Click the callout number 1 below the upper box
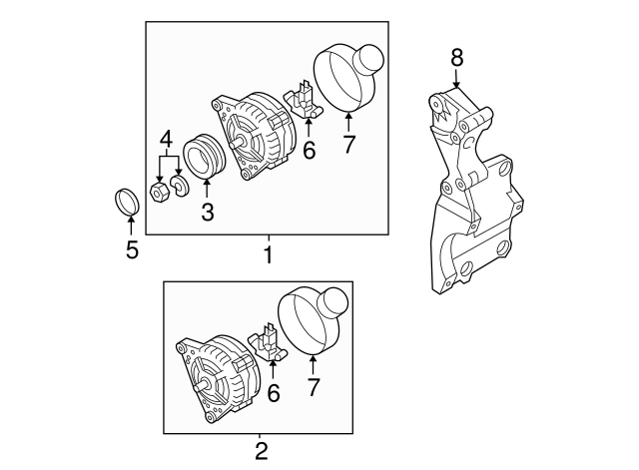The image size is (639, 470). click(x=268, y=256)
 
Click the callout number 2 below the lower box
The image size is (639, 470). click(x=261, y=451)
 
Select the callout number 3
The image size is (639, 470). click(x=207, y=212)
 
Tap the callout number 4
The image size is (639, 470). click(x=167, y=137)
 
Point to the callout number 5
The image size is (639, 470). click(x=132, y=248)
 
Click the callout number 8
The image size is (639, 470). click(x=456, y=57)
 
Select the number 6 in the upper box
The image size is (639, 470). click(x=309, y=151)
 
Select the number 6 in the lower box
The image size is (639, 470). click(x=273, y=394)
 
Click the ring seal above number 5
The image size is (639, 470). click(x=124, y=201)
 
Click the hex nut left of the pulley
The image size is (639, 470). click(x=159, y=191)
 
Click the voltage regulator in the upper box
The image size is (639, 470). click(x=304, y=101)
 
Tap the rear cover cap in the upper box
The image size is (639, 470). click(x=348, y=77)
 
